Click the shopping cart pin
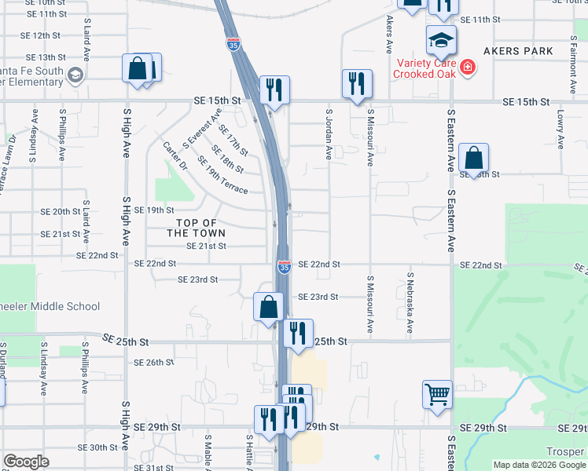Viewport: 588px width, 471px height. click(438, 393)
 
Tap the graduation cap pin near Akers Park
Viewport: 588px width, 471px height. click(441, 39)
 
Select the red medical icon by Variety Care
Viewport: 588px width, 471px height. click(469, 68)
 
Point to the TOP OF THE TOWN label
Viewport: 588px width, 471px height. click(196, 228)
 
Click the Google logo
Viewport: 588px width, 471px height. click(26, 462)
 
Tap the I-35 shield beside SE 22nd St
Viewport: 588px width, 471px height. click(284, 268)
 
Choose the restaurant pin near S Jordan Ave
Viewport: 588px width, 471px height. click(357, 83)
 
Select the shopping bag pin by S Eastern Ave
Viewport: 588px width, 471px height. click(474, 159)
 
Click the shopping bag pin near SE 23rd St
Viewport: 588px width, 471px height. click(268, 306)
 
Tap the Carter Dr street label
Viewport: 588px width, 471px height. click(174, 156)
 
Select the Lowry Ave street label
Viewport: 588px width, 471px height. click(561, 130)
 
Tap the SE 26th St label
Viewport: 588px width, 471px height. click(153, 363)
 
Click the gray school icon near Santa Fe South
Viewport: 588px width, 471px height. click(75, 75)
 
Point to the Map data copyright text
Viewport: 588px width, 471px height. click(538, 465)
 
